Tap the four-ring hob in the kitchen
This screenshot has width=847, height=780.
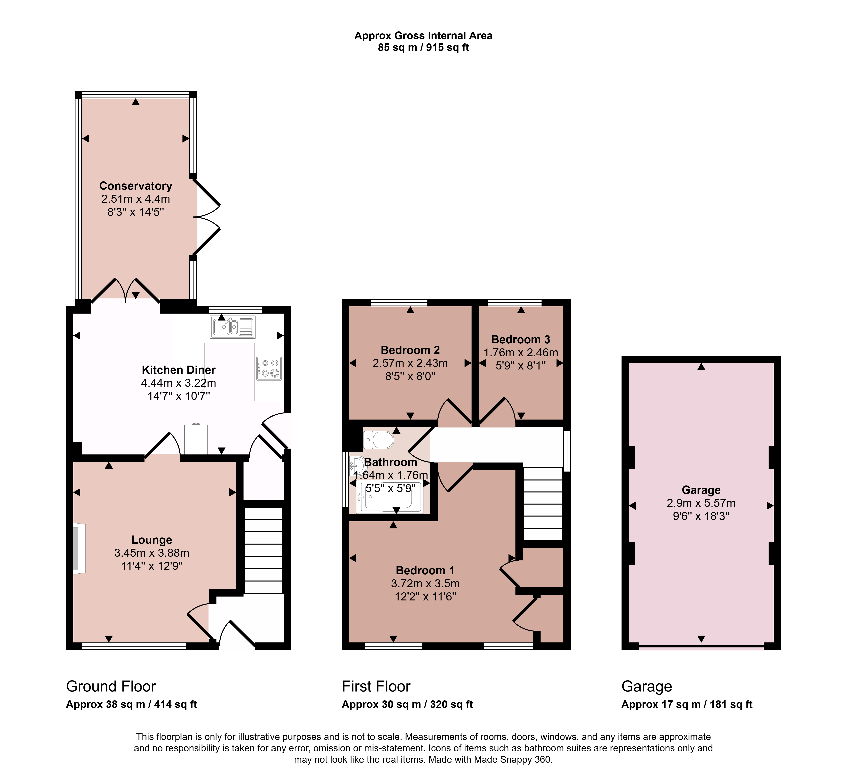pyautogui.click(x=269, y=368)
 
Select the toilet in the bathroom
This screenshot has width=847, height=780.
pyautogui.click(x=378, y=440)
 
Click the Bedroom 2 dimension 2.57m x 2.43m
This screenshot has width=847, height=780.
pyautogui.click(x=410, y=363)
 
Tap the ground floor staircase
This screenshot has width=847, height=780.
pyautogui.click(x=264, y=550)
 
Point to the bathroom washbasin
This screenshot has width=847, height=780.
pyautogui.click(x=357, y=466)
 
